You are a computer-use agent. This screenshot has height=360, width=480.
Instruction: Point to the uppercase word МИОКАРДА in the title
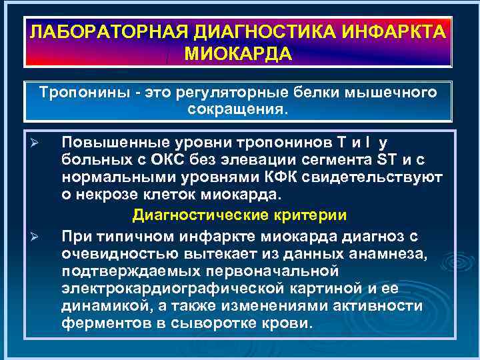coord(238,53)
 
